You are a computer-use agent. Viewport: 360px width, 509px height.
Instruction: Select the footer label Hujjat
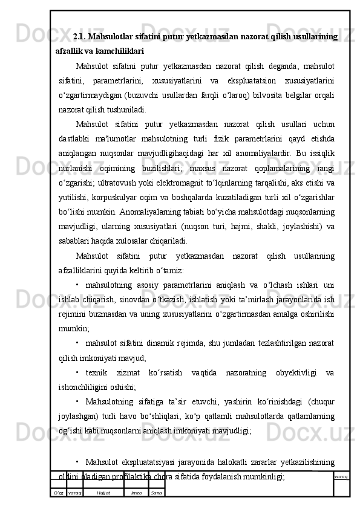pyautogui.click(x=103, y=493)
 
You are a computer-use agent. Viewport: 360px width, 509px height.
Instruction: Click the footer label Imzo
pyautogui.click(x=136, y=493)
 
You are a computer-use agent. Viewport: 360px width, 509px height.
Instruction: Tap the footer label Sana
pyautogui.click(x=156, y=493)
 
